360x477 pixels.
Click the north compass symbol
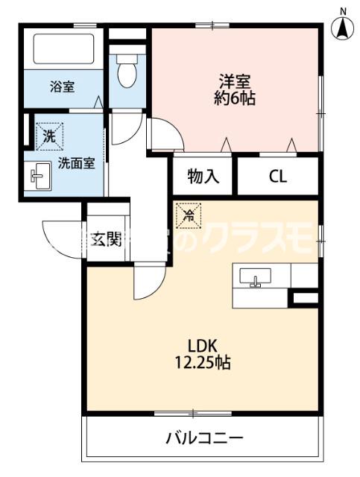point(342,28)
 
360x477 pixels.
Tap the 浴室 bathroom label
point(62,86)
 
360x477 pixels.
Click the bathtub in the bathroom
point(63,48)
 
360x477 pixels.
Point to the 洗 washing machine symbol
point(48,136)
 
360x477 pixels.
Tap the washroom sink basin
point(37,177)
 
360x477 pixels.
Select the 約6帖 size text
point(238,98)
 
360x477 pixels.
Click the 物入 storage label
point(203,177)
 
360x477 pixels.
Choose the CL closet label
point(278,177)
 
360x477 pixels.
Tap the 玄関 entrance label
point(107,239)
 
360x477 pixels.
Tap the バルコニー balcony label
point(203,437)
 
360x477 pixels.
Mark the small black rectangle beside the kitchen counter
point(304,299)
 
